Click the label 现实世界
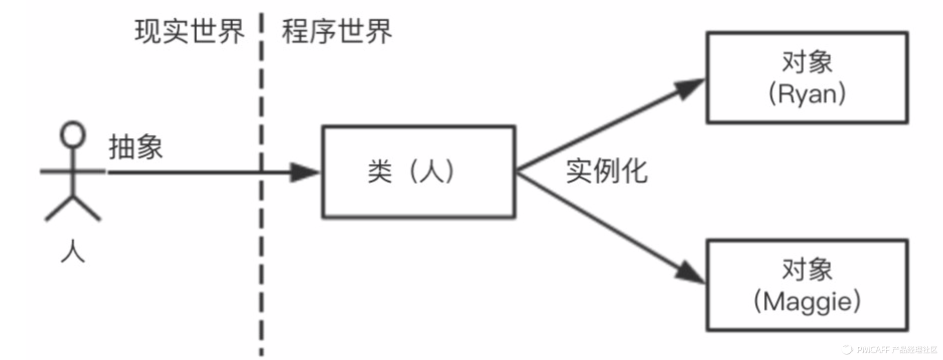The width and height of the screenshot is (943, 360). point(189,31)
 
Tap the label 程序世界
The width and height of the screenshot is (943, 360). point(337,31)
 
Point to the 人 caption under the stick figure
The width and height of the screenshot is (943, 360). point(73,251)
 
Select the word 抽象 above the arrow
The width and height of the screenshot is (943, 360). point(136,147)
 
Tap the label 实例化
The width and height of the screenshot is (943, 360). point(606,171)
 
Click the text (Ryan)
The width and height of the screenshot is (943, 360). point(807,94)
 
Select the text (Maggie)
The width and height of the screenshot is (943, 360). point(807,301)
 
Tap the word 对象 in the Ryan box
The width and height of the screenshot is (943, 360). point(807,62)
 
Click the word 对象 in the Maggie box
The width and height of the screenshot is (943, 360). point(807,269)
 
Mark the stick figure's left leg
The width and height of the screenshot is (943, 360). point(59,209)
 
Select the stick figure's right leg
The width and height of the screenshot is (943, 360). point(87,209)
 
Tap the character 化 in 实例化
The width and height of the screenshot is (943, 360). point(635,171)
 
